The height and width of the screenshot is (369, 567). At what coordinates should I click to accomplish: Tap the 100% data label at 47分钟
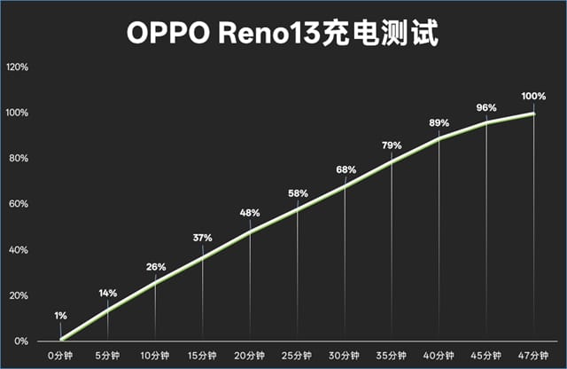[533, 96]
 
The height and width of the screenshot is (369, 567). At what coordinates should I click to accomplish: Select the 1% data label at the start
[60, 315]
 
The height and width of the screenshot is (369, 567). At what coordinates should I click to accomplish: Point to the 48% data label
[250, 213]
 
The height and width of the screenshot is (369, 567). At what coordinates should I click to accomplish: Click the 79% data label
[392, 145]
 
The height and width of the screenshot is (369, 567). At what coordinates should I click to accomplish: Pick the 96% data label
[486, 108]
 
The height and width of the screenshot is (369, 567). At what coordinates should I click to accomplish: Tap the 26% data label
[156, 267]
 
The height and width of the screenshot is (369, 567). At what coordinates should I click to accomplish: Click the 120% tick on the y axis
[18, 67]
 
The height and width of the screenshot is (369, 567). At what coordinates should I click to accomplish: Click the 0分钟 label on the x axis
[60, 356]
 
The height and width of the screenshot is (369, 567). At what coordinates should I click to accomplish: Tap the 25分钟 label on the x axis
[297, 356]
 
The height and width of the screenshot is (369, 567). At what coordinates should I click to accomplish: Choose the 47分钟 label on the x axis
[533, 356]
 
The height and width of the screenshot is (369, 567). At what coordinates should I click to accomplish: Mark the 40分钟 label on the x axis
[439, 356]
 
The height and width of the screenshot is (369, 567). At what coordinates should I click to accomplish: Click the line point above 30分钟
[345, 185]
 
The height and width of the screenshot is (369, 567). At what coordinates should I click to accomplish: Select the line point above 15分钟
[203, 256]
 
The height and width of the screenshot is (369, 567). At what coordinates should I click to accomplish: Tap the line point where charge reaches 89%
[439, 137]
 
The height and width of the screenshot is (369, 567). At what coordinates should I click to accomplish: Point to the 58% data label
[298, 193]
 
